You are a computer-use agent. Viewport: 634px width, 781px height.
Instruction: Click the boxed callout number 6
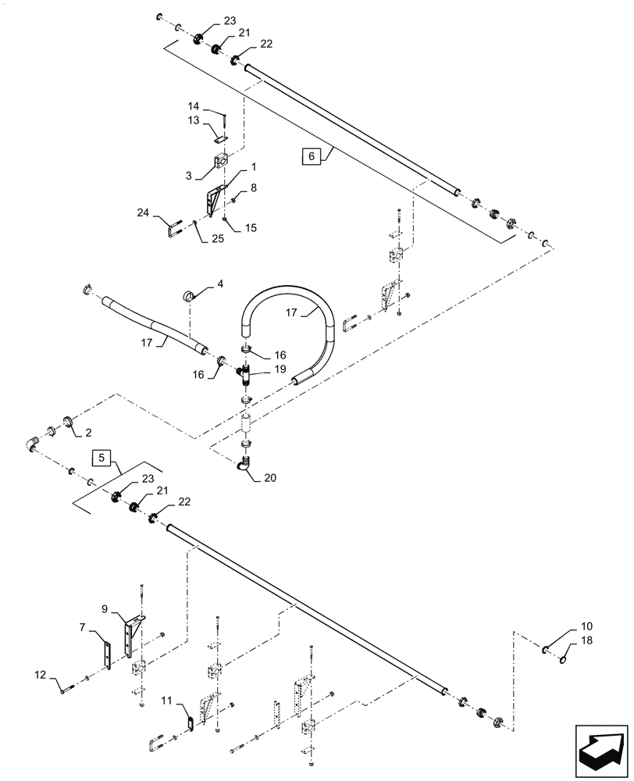click(x=311, y=156)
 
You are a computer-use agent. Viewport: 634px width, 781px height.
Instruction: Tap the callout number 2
click(x=88, y=431)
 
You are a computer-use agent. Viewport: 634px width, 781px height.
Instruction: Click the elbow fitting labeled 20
click(x=245, y=464)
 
